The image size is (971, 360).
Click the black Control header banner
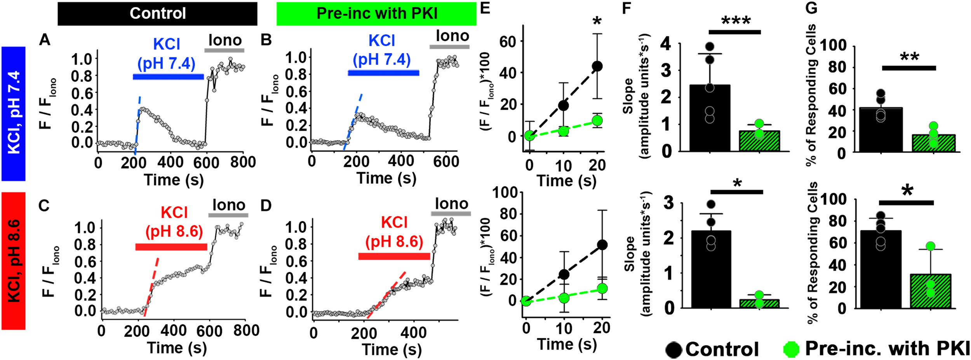[157, 14]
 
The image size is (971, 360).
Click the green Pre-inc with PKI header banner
[376, 14]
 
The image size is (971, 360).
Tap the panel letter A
[45, 40]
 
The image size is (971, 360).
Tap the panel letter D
[266, 205]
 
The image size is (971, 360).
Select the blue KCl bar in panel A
[168, 77]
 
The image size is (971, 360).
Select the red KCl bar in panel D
[394, 256]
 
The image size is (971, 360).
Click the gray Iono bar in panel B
[449, 47]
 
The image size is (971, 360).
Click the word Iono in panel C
[229, 205]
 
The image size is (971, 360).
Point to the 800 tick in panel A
[243, 162]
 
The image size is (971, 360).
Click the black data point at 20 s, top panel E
[597, 66]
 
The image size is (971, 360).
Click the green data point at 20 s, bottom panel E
[602, 289]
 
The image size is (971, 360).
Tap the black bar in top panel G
[881, 130]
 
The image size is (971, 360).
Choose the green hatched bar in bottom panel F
[759, 303]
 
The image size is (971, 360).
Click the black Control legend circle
[673, 350]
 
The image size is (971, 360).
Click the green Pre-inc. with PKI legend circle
[792, 349]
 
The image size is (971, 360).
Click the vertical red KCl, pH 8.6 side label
[14, 261]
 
